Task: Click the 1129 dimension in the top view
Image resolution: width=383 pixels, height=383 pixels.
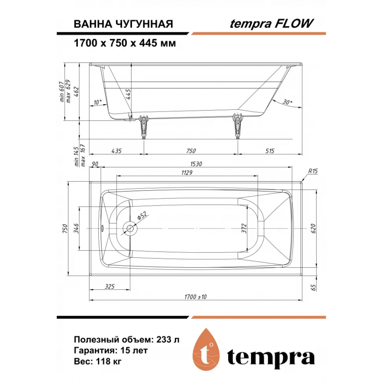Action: click(x=188, y=173)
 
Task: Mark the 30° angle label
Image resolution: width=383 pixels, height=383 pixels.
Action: click(x=287, y=103)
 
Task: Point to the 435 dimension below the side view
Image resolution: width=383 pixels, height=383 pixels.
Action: click(x=116, y=151)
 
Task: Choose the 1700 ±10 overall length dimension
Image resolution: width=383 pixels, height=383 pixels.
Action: click(x=196, y=297)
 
